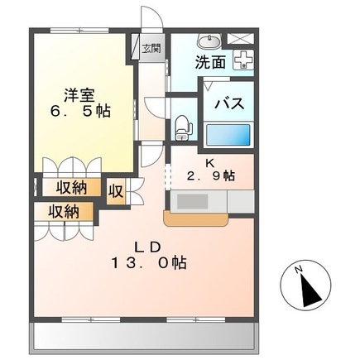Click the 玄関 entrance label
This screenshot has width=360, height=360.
click(x=151, y=46)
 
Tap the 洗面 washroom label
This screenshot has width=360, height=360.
click(x=210, y=61)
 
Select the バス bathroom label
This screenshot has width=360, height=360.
click(x=228, y=104)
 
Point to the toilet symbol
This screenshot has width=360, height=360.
click(x=183, y=127)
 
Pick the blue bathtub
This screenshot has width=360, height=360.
click(x=227, y=135)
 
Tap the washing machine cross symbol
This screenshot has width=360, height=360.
click(x=242, y=60)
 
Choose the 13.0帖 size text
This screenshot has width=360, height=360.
click(x=150, y=264)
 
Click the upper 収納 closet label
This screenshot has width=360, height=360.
click(x=73, y=188)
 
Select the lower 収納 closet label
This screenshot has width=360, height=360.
click(x=62, y=211)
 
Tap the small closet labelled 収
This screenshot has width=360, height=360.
click(x=117, y=190)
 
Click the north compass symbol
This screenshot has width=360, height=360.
click(x=305, y=286)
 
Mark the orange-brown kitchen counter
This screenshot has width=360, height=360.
click(x=195, y=219)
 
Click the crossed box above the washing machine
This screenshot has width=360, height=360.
click(x=242, y=38)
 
